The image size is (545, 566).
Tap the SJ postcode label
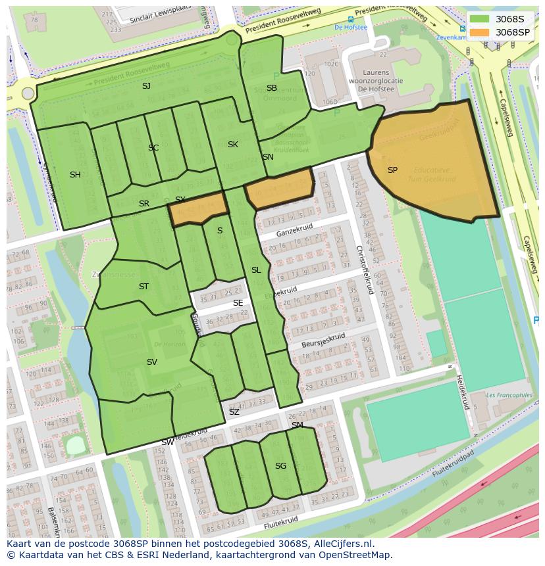(x=146, y=86)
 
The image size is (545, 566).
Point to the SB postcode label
(x=271, y=88)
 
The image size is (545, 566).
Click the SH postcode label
(x=75, y=175)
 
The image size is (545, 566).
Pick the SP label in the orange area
(x=392, y=170)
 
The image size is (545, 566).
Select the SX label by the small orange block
(x=180, y=199)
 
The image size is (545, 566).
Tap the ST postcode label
(x=143, y=287)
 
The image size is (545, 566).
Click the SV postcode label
(x=152, y=362)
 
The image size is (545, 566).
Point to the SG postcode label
(x=280, y=466)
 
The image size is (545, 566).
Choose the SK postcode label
(x=232, y=145)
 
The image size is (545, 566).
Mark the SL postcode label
(x=256, y=270)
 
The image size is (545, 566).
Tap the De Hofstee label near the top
(x=350, y=28)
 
